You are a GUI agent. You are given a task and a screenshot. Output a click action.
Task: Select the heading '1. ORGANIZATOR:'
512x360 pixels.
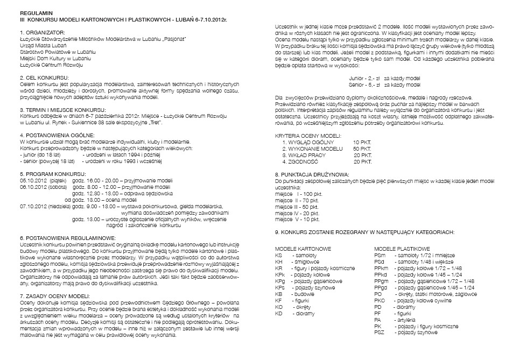pos(41,33)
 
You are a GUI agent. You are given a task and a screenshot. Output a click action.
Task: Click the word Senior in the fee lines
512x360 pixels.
pos(358,85)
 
